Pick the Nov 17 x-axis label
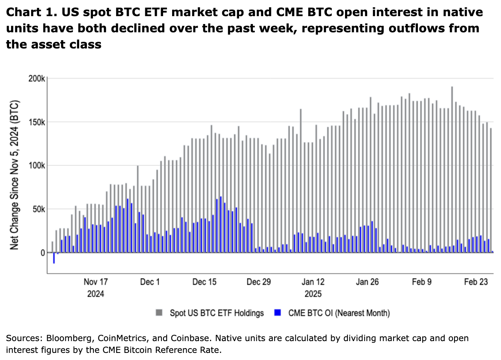click(x=96, y=282)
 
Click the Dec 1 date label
click(x=150, y=282)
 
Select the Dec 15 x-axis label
click(x=204, y=282)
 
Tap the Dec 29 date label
click(x=259, y=282)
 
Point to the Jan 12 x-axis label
click(x=313, y=282)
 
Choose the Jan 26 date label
click(x=367, y=282)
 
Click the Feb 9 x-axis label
click(x=422, y=282)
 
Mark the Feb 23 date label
click(x=476, y=282)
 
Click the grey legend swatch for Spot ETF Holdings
click(x=159, y=313)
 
